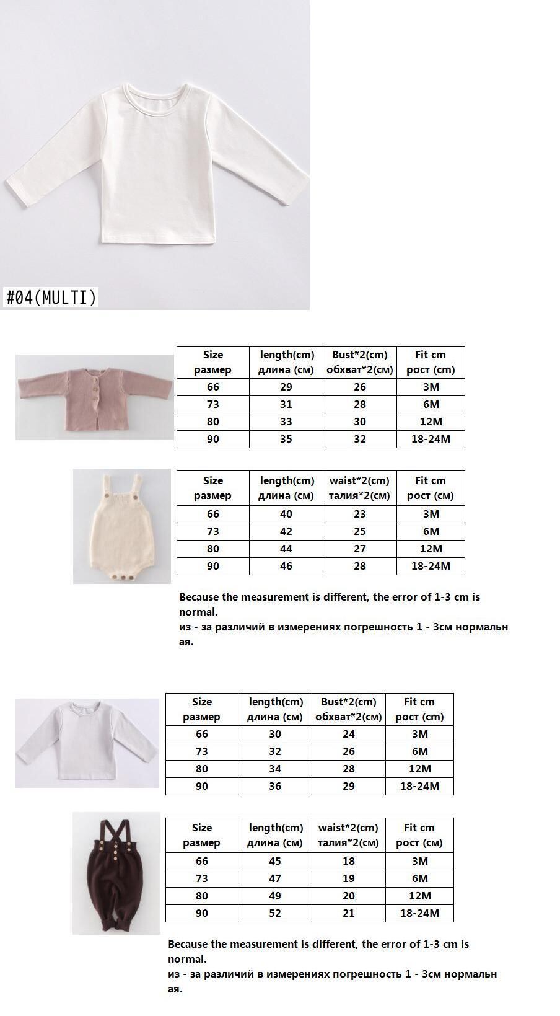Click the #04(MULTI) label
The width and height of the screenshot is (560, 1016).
click(51, 298)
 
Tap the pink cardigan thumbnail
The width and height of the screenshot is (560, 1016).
click(94, 397)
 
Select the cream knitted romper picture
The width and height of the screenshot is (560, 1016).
click(121, 526)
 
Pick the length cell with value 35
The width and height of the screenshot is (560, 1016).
click(286, 439)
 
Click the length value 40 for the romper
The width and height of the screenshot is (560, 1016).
click(286, 514)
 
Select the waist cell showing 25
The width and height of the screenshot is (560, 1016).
click(359, 531)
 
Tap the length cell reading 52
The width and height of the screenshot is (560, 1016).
click(274, 913)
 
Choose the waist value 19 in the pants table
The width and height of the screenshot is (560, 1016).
click(348, 878)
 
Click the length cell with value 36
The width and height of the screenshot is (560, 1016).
click(274, 786)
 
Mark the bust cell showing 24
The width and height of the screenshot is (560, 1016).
click(348, 734)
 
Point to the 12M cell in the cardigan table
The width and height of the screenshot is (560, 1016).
click(431, 422)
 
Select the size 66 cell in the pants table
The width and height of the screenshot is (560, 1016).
click(201, 861)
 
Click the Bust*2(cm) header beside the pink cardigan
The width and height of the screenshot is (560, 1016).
click(359, 362)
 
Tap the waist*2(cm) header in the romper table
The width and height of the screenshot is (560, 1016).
click(359, 488)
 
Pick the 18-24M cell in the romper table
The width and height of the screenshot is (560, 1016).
click(431, 566)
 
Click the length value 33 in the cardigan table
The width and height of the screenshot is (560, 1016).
click(286, 422)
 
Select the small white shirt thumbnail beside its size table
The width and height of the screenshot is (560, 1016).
click(87, 743)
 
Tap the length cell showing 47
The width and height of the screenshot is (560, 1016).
click(274, 878)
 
